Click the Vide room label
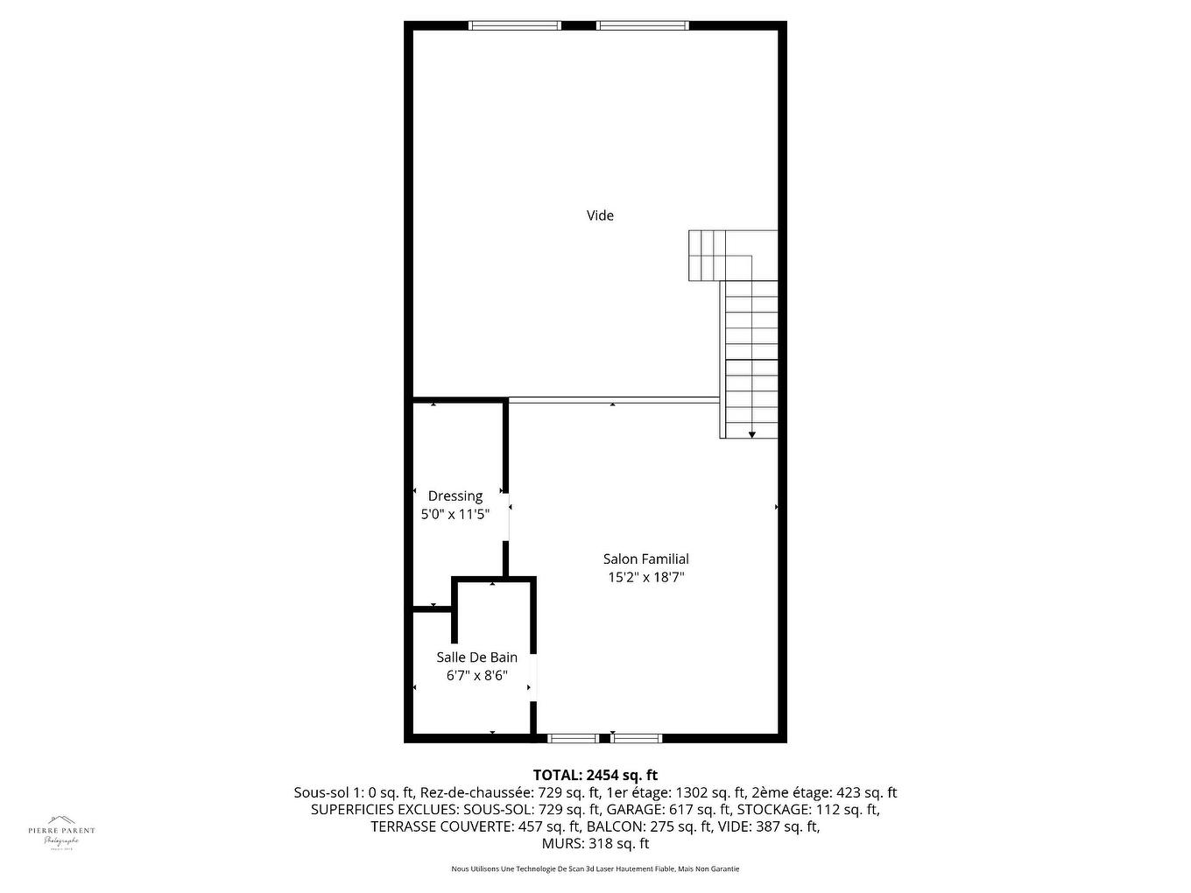coord(600,215)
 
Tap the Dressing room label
coord(455,496)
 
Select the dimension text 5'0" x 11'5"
coord(455,515)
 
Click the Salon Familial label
coord(645,559)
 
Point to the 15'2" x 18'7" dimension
coord(645,577)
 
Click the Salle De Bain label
coord(476,657)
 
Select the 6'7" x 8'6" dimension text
coord(476,676)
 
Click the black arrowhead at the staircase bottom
coord(751,434)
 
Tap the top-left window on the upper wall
coord(515,25)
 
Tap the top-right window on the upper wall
coord(642,25)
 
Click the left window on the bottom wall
coord(574,738)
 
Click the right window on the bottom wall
coord(637,738)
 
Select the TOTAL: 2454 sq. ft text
coord(595,775)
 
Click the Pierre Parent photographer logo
coord(61,832)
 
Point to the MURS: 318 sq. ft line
coord(595,844)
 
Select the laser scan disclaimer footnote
coord(595,869)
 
